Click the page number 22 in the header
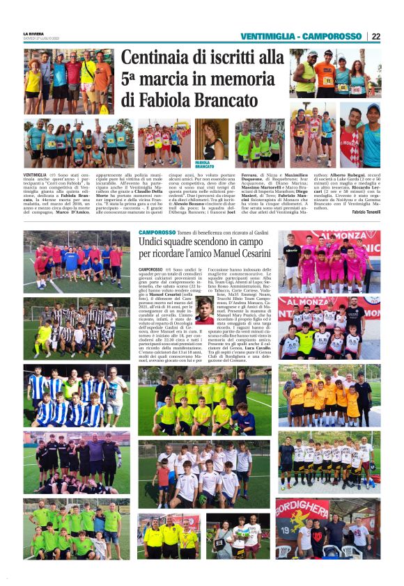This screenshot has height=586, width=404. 375,36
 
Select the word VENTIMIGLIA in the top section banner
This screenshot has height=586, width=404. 267,36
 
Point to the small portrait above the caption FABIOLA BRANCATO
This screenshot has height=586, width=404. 215,140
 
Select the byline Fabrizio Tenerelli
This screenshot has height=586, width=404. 360,212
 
